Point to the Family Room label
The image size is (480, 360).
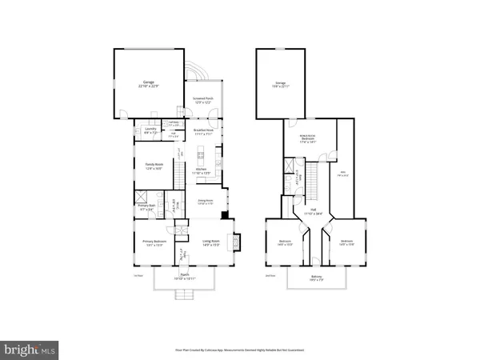coord(154,166)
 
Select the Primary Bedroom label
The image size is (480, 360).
coord(154,242)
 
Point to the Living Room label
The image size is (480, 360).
coord(210,242)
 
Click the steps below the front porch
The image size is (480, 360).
coord(184,294)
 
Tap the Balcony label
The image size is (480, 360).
coord(318,278)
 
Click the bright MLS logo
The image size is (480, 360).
coord(30,350)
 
